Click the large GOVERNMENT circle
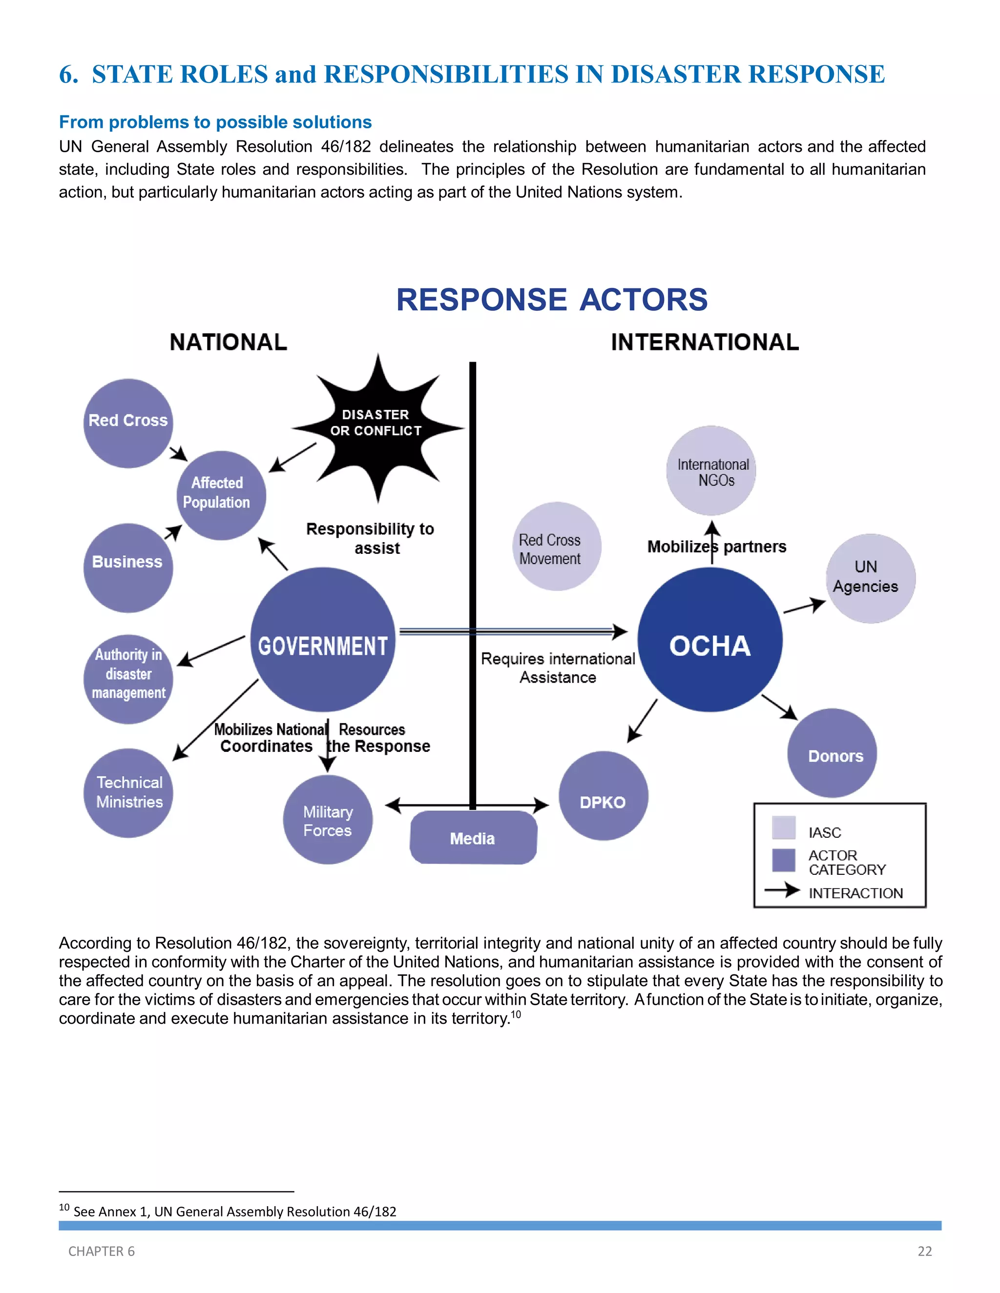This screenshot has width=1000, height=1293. (x=323, y=639)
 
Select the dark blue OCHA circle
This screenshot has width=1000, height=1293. (x=709, y=639)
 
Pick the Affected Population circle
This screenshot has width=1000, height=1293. (x=221, y=495)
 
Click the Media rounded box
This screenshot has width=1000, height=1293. (x=473, y=838)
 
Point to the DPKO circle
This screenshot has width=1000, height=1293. (x=603, y=796)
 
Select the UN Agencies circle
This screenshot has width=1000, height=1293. (x=870, y=578)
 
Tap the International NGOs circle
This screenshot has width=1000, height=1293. (x=711, y=471)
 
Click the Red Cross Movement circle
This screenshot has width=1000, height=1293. (x=556, y=546)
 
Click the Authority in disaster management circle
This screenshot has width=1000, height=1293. (x=128, y=679)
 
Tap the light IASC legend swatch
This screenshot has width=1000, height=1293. (x=783, y=828)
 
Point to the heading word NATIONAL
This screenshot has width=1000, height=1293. (x=228, y=342)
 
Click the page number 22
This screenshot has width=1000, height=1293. (x=924, y=1251)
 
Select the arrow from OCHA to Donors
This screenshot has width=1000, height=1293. (x=780, y=707)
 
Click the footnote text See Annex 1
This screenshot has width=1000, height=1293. (x=234, y=1212)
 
